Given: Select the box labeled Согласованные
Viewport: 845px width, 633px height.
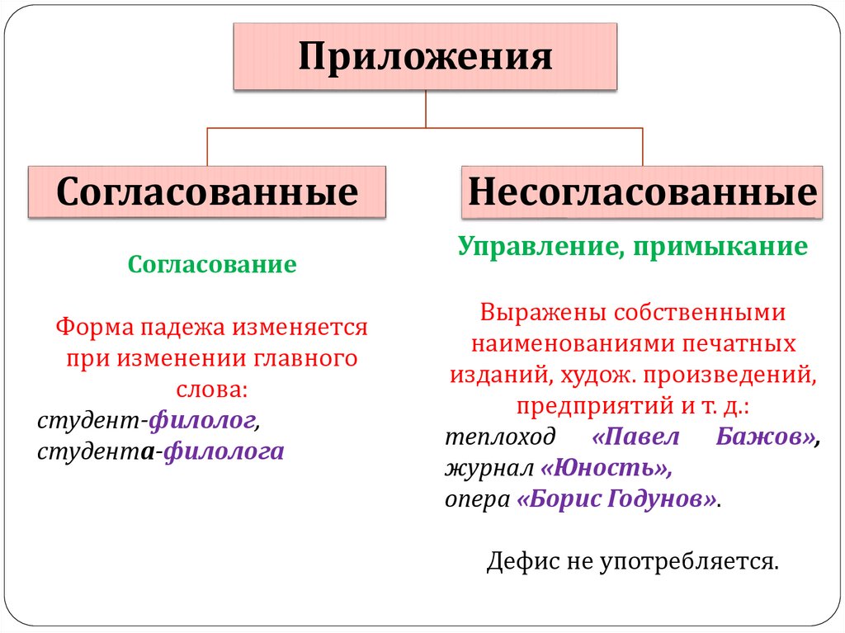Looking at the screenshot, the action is (207, 192).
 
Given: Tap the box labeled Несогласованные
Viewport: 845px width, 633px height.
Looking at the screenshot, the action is (642, 192).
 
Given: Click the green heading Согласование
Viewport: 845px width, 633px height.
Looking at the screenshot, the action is (212, 266).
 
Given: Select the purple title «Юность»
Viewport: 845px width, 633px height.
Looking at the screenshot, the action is (606, 469).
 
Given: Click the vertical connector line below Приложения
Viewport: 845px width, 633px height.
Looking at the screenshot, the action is (425, 108).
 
